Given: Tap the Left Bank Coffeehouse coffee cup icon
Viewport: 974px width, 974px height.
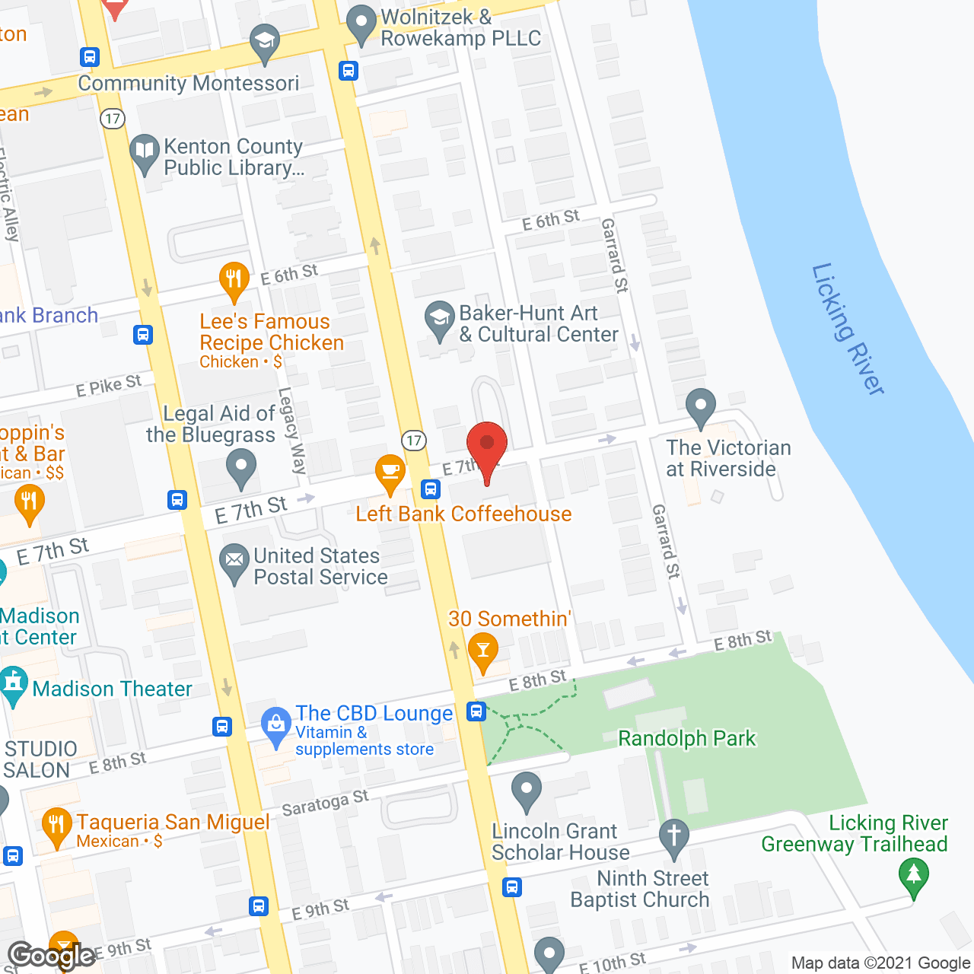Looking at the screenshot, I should coord(390,473).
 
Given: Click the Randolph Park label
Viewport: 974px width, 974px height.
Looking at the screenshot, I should coord(686,738).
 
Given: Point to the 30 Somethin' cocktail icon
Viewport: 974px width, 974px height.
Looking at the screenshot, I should coord(482,651).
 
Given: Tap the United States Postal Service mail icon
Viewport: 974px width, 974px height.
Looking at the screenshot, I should coord(234,562).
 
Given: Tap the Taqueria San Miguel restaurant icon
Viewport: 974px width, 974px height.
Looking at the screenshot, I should coord(56,826).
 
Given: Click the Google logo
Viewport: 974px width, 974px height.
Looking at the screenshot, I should coord(51,956).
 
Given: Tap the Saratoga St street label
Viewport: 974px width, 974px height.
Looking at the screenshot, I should coord(325,802).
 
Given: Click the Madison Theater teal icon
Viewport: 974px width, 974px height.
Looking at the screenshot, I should coord(13,684).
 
